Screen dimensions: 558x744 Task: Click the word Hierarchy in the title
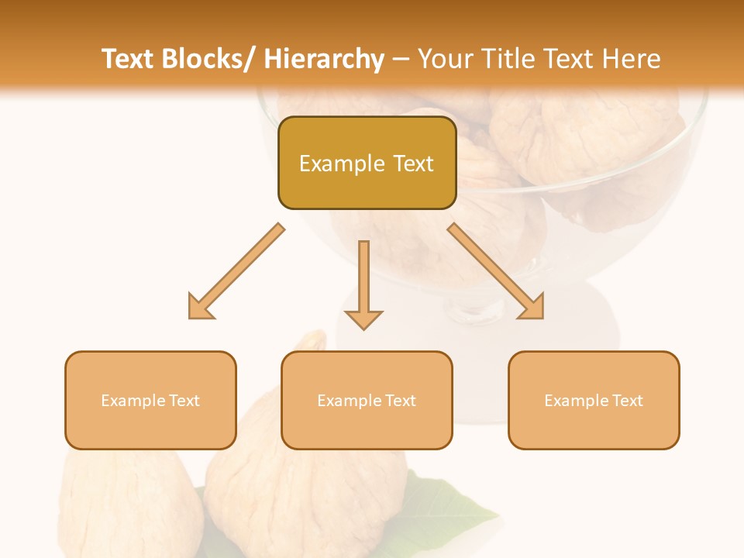[x=324, y=60]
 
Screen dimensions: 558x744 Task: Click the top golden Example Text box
[x=367, y=164]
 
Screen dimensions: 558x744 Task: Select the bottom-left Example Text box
[x=150, y=401]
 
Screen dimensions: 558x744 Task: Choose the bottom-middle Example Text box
[x=367, y=401]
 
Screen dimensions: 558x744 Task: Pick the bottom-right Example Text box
[x=594, y=401]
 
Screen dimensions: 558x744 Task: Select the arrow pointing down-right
[x=496, y=271]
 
